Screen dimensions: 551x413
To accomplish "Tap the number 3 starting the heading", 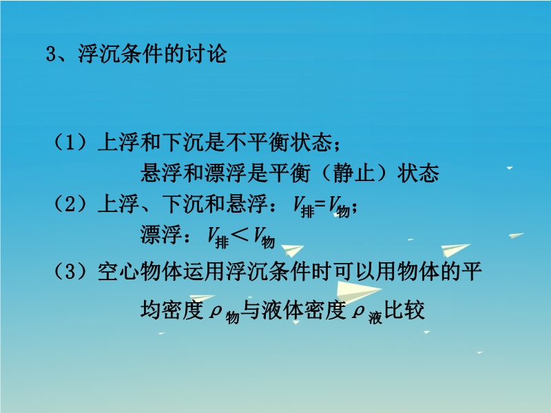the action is coord(51,54).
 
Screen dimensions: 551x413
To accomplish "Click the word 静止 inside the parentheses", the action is coord(354,173).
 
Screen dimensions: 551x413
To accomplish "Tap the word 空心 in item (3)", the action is coord(118,271).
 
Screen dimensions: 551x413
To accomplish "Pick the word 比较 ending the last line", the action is coord(405,310).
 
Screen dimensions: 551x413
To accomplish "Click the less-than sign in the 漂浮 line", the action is coord(240,234).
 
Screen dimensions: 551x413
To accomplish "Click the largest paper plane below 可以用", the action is coord(357,292).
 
